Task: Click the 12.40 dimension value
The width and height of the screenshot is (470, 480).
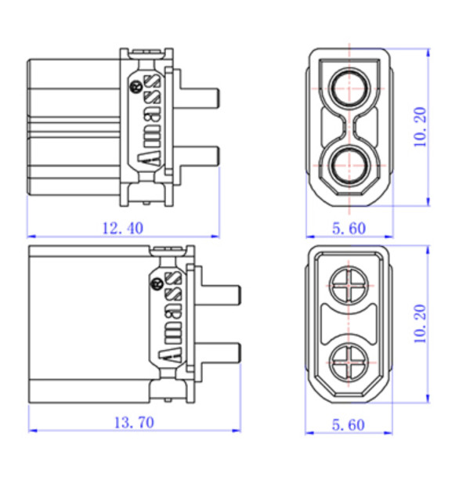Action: pos(122,229)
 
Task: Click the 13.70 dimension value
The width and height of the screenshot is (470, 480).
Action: pos(134,423)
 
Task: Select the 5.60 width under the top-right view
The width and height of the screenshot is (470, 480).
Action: pos(349,229)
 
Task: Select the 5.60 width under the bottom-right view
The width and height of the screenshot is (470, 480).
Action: pos(349,425)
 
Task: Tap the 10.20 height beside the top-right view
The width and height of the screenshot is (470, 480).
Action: pos(420,127)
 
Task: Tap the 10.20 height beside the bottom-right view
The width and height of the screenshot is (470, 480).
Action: pos(420,324)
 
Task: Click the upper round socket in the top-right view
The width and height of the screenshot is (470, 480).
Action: pos(349,87)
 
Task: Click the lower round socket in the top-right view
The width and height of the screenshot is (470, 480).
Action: pos(349,165)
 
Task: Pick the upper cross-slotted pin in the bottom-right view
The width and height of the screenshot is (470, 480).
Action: pos(349,285)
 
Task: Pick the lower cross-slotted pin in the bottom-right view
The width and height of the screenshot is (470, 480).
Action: pos(349,363)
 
